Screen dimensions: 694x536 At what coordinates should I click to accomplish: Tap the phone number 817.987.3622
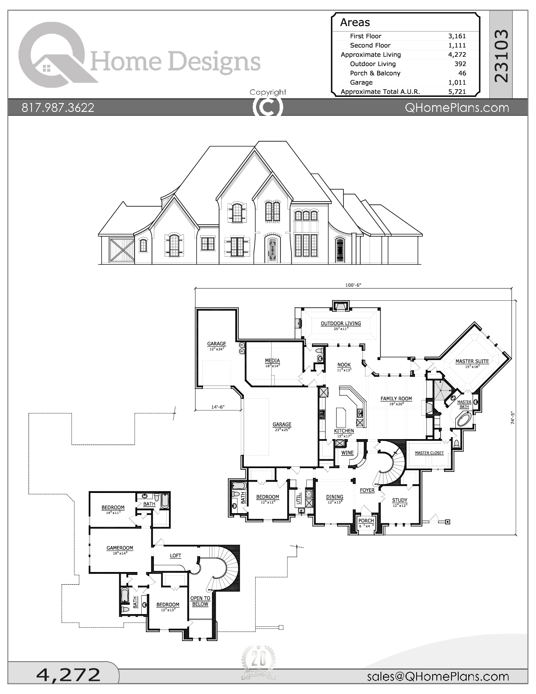[58, 108]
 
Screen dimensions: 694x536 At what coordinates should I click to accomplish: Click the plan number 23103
[501, 55]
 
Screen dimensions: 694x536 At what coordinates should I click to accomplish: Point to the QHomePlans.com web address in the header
[457, 108]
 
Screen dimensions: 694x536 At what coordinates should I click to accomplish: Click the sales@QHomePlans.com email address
[438, 676]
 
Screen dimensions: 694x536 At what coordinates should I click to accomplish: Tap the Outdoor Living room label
[341, 323]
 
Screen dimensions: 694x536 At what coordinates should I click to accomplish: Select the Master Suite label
[472, 361]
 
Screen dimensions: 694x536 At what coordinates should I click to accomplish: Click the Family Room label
[396, 398]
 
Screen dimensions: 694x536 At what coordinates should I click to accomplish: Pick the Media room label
[272, 360]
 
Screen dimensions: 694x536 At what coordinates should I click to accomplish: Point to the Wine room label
[347, 453]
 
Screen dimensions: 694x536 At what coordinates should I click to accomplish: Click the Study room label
[399, 500]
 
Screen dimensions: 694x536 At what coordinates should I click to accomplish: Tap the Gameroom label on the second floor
[120, 548]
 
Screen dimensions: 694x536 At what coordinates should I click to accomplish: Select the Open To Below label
[200, 601]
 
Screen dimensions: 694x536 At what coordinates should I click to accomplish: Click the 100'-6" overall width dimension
[353, 285]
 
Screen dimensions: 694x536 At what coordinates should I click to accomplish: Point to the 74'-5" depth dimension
[513, 417]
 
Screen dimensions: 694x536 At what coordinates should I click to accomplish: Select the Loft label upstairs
[175, 556]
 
